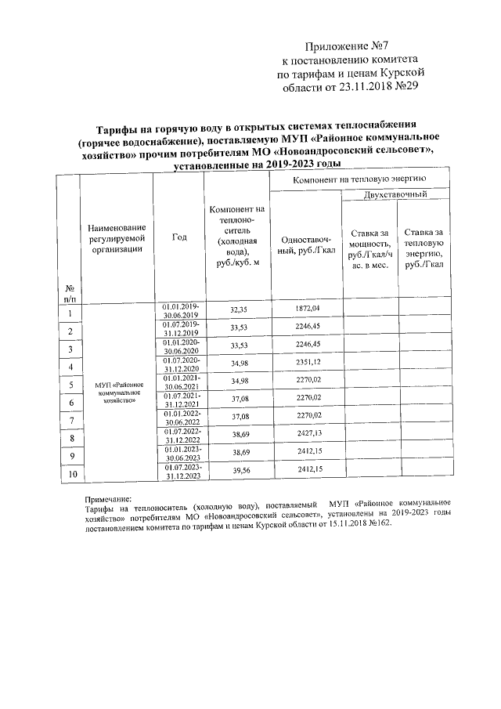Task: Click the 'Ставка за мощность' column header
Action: pyautogui.click(x=369, y=249)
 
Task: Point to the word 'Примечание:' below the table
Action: pyautogui.click(x=108, y=499)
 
